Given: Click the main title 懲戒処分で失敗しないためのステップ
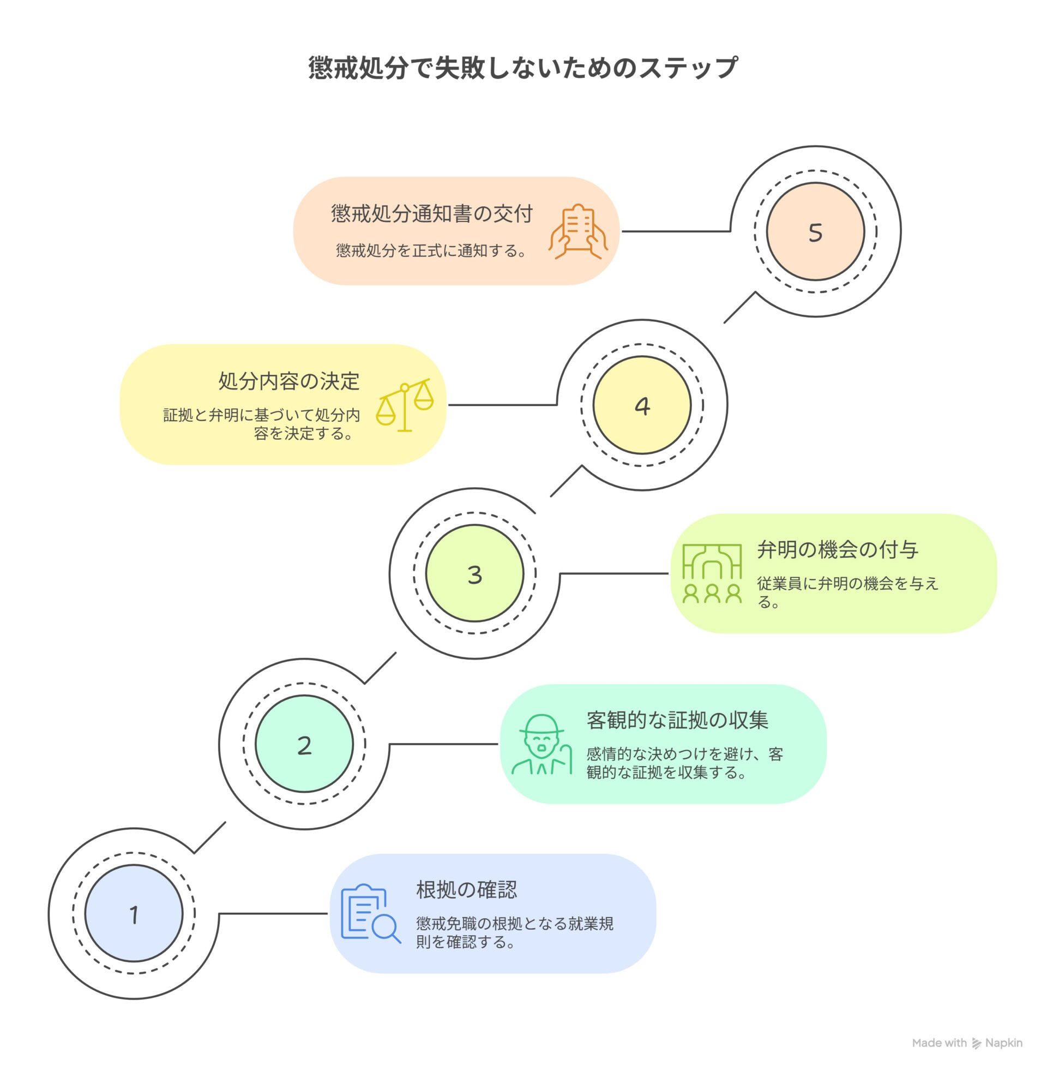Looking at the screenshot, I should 522,68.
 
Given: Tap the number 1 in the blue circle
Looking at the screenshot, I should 134,916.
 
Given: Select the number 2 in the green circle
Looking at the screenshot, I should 304,745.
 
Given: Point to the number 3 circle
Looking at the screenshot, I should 474,575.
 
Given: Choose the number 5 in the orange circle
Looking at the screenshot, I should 815,232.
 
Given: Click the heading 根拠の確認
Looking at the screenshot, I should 466,889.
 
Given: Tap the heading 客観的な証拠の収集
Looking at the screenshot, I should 677,720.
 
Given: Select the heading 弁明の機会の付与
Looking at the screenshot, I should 837,549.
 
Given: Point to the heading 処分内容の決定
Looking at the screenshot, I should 288,381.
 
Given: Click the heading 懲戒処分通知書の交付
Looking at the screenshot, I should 432,213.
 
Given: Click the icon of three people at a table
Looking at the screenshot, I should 712,574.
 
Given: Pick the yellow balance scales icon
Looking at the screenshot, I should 405,405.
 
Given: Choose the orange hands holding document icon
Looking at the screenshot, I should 578,231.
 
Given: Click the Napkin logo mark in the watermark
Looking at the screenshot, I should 977,1043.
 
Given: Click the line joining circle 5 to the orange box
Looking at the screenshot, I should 676,231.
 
